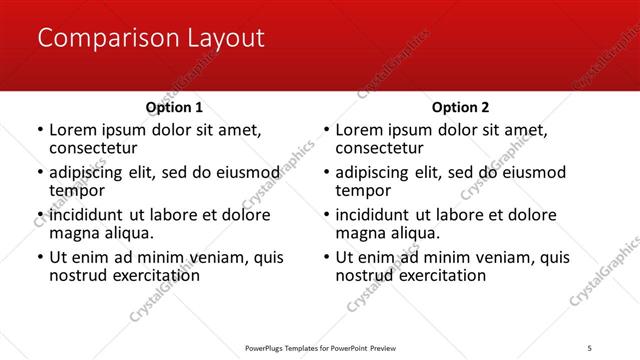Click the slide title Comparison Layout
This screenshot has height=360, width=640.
point(151,39)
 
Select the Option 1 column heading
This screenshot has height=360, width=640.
point(174,107)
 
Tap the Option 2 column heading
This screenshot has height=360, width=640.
point(460,107)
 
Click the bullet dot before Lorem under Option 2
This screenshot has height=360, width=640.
point(326,131)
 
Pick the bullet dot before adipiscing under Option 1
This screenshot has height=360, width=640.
point(40,173)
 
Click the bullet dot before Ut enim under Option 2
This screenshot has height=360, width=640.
point(326,258)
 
